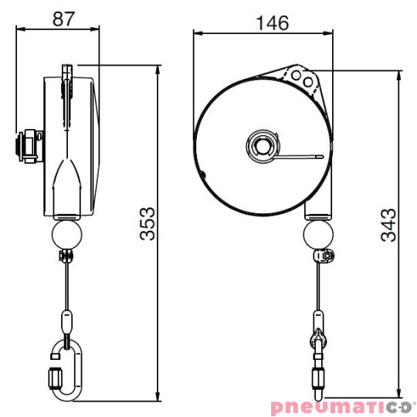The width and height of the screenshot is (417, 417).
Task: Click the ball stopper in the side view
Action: click(67, 232)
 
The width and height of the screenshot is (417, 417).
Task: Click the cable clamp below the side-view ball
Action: click(66, 255)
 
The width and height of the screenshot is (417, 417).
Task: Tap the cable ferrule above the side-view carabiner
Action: click(66, 317)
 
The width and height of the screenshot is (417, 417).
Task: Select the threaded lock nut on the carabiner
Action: click(54, 379)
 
